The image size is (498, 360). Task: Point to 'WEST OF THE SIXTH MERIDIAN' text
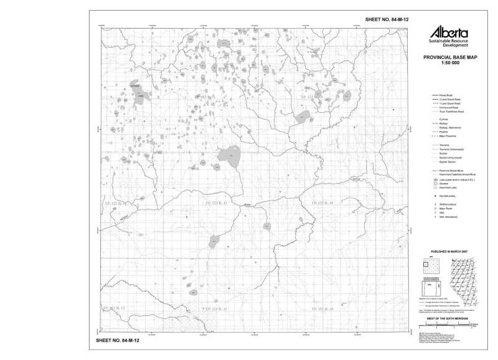[449, 318]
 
